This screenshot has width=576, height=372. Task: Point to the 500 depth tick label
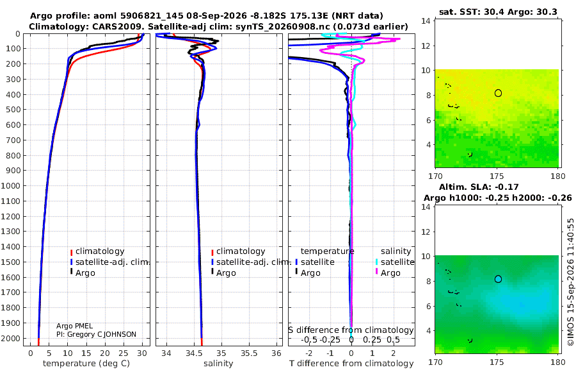coord(13,110)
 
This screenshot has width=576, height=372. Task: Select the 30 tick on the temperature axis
coord(142,353)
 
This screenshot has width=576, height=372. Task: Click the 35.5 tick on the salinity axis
coord(249,353)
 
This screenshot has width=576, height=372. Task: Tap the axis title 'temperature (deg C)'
coord(86,364)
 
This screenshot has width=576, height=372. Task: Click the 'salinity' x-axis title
coord(218,364)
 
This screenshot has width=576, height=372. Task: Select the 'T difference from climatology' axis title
coord(351,364)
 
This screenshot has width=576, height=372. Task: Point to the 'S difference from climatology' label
coord(351,330)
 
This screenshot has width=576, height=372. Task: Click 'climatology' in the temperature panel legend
coord(100,251)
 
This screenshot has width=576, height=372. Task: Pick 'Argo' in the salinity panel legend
coord(226,273)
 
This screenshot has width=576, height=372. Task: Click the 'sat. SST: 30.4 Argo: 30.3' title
coord(498,12)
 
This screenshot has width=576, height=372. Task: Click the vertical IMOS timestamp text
coord(570,282)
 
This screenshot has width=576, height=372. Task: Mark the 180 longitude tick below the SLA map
coord(558,362)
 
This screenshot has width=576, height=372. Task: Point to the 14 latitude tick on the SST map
coord(426,21)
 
